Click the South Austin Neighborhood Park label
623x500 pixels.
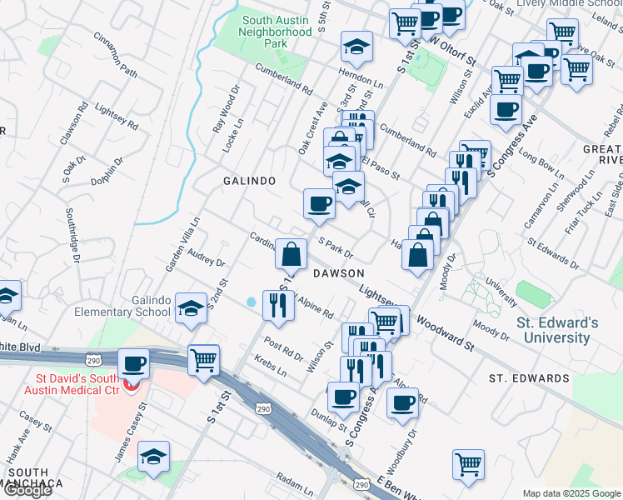pos(275,31)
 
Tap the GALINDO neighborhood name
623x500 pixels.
pos(249,181)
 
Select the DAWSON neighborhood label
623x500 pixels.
pos(338,273)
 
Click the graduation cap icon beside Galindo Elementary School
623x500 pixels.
pos(192,309)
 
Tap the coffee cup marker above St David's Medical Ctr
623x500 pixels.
pos(134,364)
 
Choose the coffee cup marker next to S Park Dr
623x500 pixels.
pos(319,202)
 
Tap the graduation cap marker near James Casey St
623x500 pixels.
pos(154,457)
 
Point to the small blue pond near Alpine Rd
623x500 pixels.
pos(252,302)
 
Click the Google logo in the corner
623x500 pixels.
pos(27,490)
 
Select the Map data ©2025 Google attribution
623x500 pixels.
pos(571,492)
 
